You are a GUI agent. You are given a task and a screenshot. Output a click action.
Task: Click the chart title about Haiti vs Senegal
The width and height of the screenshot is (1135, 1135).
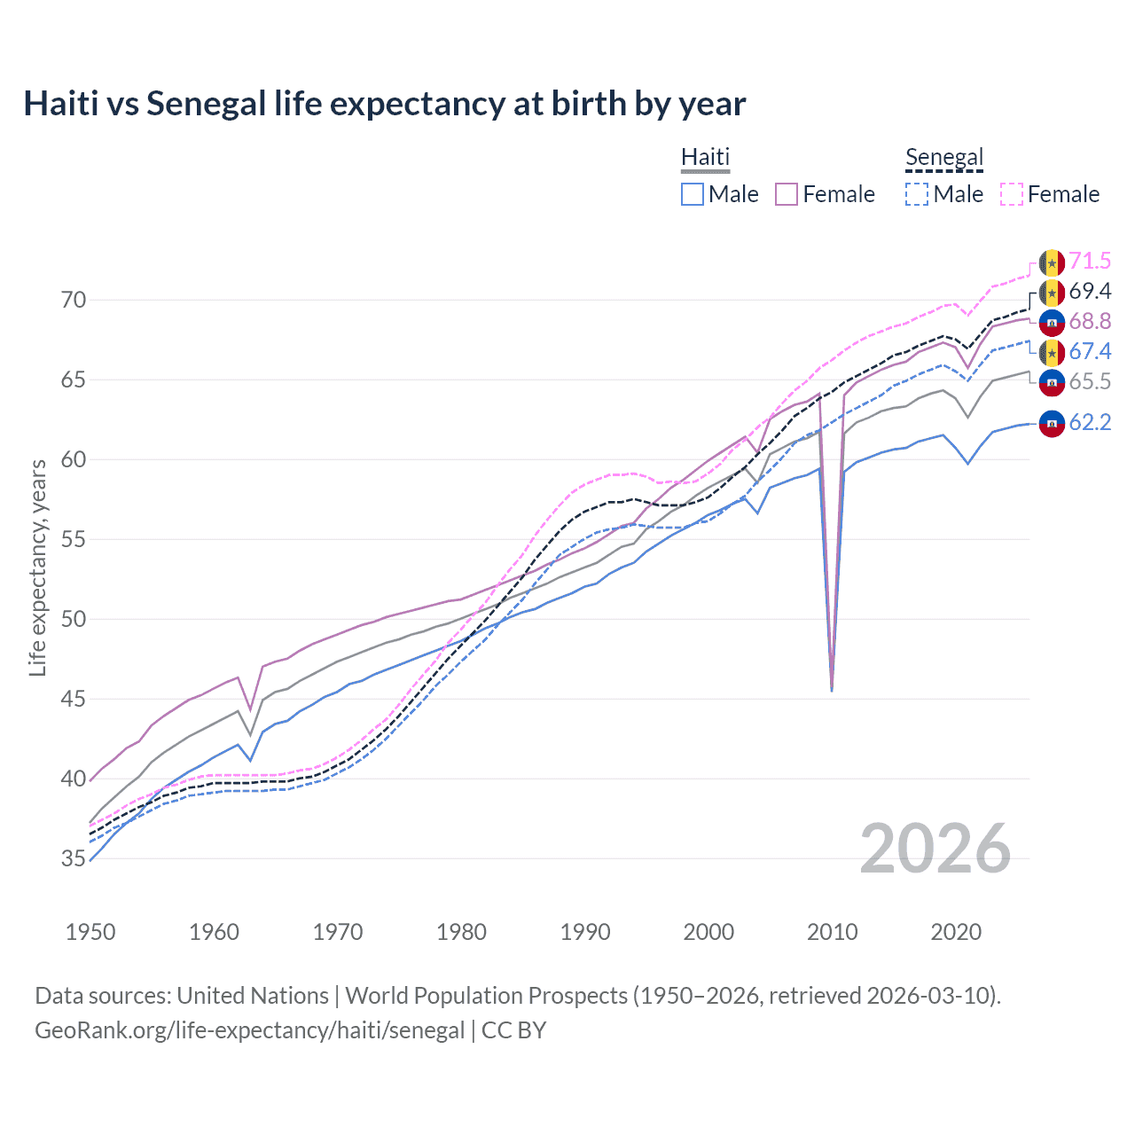click(384, 104)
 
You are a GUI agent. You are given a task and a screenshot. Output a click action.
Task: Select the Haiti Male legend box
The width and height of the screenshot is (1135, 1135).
click(693, 194)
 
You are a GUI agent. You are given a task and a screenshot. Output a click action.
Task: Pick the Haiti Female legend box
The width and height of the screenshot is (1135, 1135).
click(787, 194)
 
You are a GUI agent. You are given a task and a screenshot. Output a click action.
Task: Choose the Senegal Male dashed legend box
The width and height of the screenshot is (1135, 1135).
click(917, 194)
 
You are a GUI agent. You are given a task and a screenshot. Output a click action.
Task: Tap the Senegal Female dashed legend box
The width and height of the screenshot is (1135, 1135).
click(1012, 194)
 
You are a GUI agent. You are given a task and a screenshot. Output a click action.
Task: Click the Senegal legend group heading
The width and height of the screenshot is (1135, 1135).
click(944, 157)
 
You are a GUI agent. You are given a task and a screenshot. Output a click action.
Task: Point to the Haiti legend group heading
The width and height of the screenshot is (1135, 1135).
click(705, 157)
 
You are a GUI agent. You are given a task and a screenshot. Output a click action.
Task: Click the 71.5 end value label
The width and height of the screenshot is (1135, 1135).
click(1090, 262)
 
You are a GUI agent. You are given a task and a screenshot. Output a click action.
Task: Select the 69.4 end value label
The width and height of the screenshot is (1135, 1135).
click(1090, 292)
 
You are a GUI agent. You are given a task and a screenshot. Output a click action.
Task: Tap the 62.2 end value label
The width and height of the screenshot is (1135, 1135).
click(1090, 423)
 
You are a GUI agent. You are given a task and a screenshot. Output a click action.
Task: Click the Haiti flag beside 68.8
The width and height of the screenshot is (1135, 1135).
click(1052, 322)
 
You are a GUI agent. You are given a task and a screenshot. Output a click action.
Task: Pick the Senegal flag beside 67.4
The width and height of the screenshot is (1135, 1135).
click(1052, 352)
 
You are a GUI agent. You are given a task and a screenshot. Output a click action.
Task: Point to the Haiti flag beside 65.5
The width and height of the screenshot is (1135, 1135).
click(1052, 382)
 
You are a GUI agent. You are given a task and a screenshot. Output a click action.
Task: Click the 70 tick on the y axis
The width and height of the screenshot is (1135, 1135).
click(74, 301)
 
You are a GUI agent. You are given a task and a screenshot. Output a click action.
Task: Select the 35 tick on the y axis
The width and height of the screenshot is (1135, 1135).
click(74, 858)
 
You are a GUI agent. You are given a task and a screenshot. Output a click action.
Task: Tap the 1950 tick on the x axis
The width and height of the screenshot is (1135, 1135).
click(90, 932)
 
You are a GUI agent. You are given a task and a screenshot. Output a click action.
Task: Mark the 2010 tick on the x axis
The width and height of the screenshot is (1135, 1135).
click(832, 932)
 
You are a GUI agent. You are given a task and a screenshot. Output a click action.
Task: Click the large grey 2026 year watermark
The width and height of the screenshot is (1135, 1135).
click(935, 849)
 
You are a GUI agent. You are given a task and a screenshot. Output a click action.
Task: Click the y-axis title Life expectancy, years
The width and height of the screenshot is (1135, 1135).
click(37, 567)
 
